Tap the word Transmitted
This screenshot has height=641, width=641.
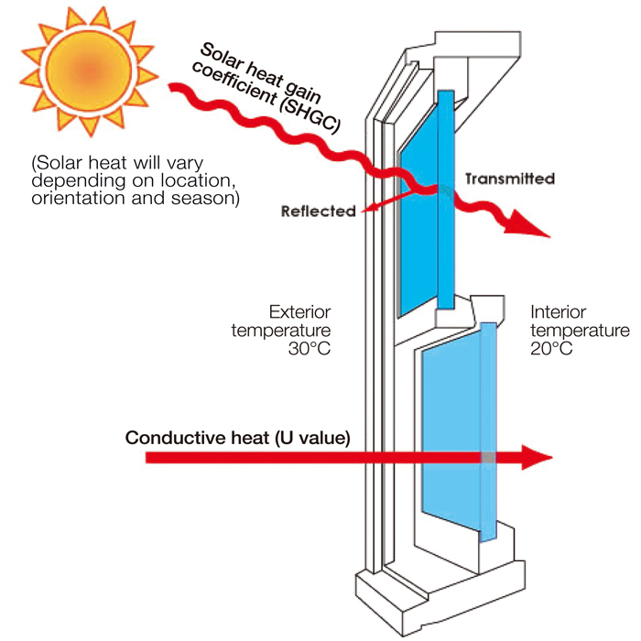(509, 179)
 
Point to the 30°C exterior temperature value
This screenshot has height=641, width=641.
(308, 350)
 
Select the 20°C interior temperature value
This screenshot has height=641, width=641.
(553, 350)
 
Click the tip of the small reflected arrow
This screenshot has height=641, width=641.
(366, 212)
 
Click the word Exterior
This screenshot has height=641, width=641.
(299, 311)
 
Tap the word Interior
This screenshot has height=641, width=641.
(556, 311)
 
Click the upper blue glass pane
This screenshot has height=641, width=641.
(421, 229)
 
